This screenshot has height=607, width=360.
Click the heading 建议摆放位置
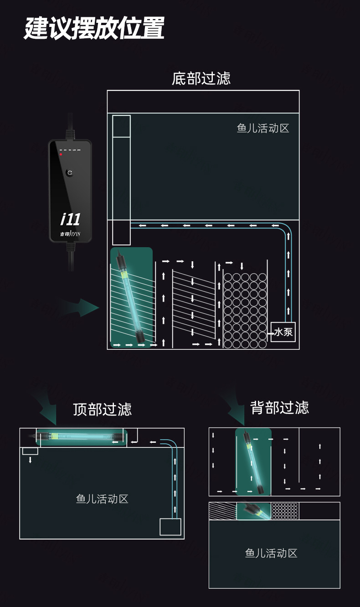[x=94, y=28]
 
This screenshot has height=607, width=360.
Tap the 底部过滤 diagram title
[x=201, y=78]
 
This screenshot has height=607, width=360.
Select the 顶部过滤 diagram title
[x=102, y=409]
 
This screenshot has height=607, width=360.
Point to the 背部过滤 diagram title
[x=279, y=407]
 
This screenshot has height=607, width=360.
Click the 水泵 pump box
[x=283, y=332]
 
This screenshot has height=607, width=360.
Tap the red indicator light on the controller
[x=61, y=154]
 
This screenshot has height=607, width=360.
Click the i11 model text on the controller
[x=70, y=219]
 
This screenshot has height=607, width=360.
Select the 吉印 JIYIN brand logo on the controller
[x=70, y=235]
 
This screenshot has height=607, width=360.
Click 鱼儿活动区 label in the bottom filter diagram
[x=263, y=128]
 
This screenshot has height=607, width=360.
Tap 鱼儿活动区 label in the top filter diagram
[x=102, y=499]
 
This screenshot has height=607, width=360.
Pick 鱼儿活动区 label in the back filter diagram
[x=271, y=553]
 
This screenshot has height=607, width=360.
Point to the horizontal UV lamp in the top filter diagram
[x=80, y=436]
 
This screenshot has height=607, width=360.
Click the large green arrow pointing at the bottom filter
[x=82, y=308]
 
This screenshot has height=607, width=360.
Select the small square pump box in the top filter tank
[x=170, y=527]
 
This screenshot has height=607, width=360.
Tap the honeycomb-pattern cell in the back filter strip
[x=285, y=511]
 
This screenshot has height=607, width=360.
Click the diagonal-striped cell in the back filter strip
[x=222, y=511]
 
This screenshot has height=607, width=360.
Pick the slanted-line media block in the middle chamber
[x=194, y=303]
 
